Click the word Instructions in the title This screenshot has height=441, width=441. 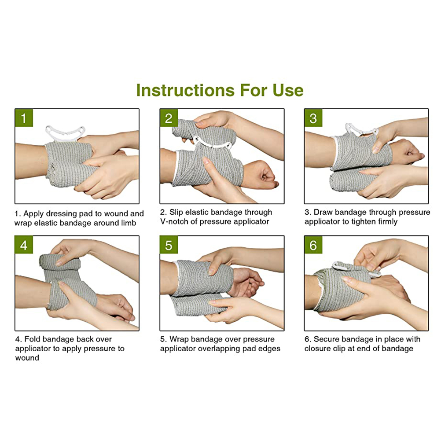[185, 90]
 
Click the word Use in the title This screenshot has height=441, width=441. [288, 90]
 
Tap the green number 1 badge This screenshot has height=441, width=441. [24, 118]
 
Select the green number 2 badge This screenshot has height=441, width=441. [169, 118]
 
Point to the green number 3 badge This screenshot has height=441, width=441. [313, 118]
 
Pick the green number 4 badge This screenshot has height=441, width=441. [24, 245]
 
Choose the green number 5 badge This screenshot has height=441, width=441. [169, 245]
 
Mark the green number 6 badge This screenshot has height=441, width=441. [313, 245]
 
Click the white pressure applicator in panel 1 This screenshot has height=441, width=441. [65, 132]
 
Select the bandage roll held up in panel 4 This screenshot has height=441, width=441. [59, 261]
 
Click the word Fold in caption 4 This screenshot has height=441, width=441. [32, 339]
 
